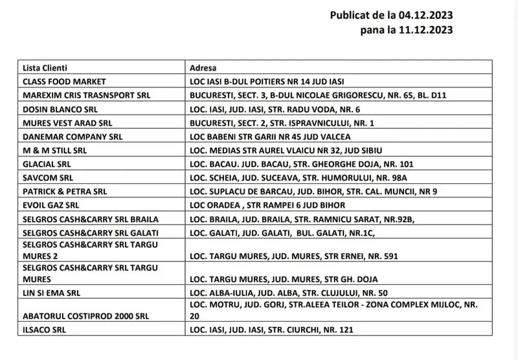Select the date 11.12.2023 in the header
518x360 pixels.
(x=426, y=30)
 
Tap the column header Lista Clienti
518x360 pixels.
(x=45, y=67)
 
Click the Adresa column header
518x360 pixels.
(x=203, y=67)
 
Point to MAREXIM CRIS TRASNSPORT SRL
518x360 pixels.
(x=86, y=95)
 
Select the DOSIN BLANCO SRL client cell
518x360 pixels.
(x=60, y=109)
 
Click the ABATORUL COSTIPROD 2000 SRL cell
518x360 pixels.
(x=85, y=316)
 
